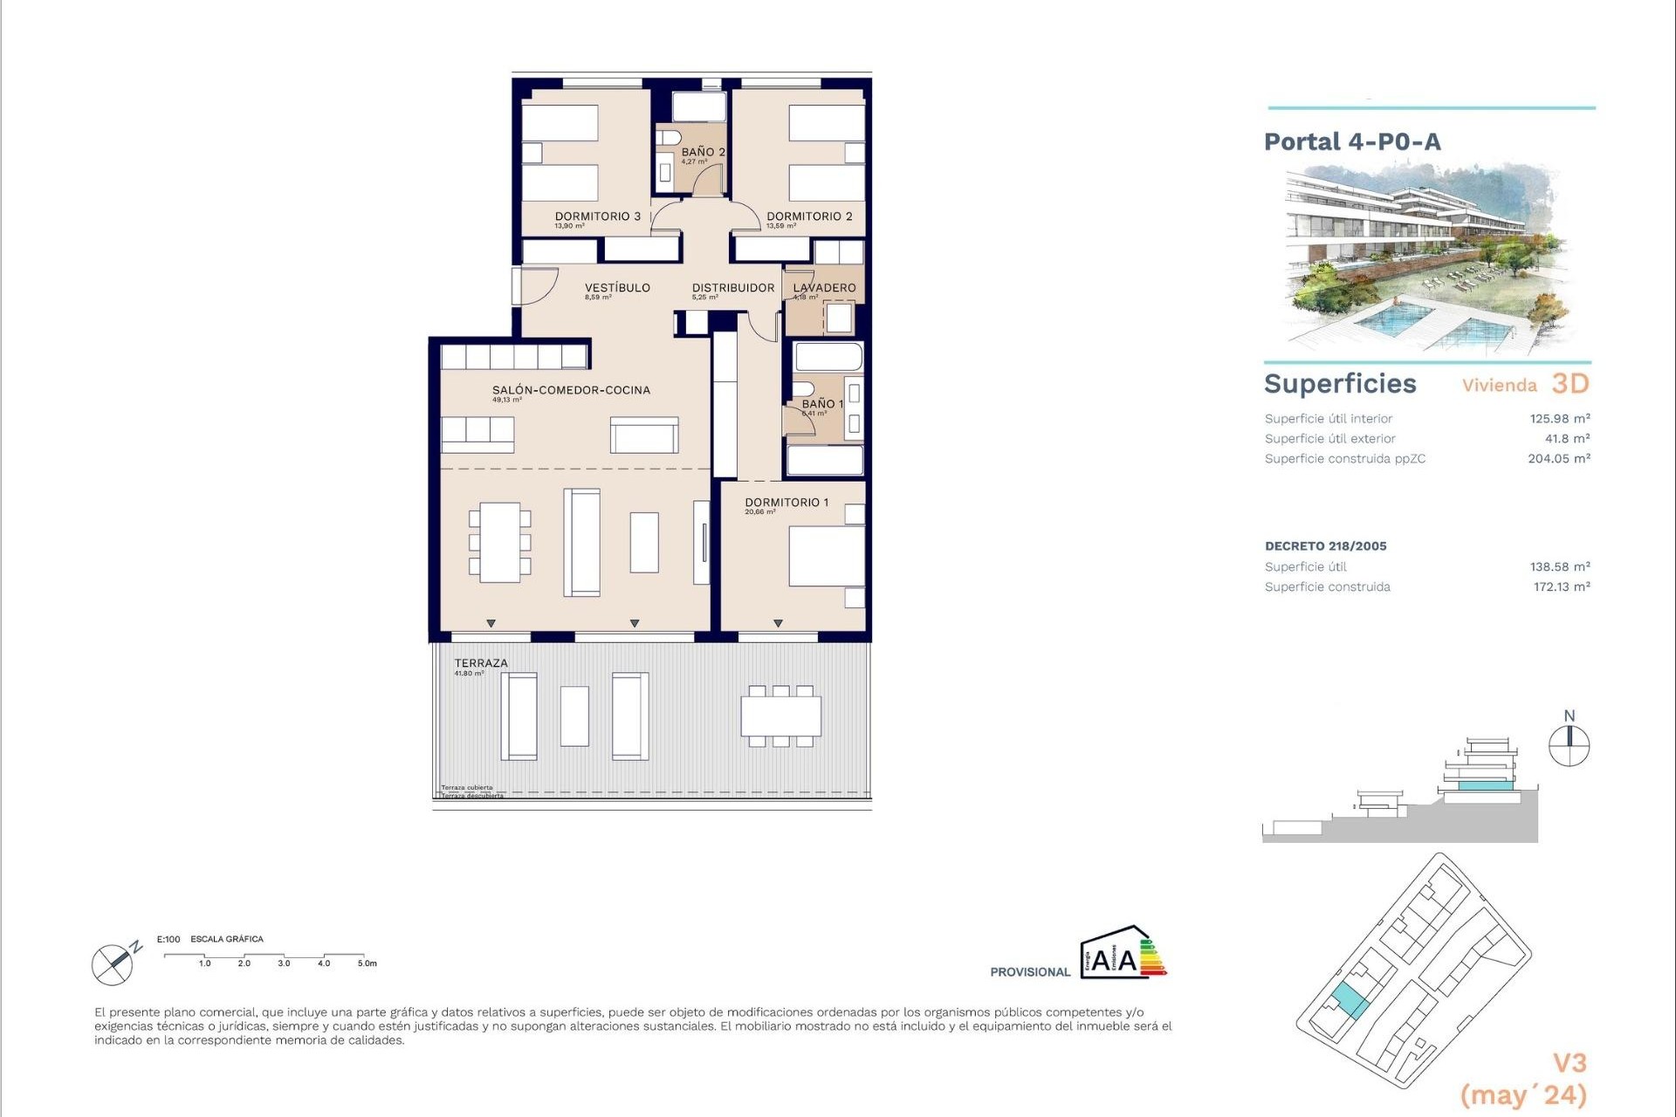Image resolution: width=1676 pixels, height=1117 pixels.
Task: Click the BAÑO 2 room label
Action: point(703,152)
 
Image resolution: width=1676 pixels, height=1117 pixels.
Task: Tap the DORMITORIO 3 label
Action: point(598,216)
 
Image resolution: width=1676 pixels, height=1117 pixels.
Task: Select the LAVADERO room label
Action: point(824,288)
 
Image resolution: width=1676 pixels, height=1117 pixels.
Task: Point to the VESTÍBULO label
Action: point(617,288)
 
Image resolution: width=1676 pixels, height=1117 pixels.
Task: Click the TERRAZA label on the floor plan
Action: point(480,663)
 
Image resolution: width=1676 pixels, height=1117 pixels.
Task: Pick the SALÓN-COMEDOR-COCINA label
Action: point(571,390)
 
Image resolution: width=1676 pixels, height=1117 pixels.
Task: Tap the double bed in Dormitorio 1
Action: point(826,556)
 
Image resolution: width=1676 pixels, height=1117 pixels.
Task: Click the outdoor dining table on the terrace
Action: point(781,716)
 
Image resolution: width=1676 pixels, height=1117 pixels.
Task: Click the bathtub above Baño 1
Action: point(828,357)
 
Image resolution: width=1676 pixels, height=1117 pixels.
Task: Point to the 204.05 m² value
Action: point(1558,458)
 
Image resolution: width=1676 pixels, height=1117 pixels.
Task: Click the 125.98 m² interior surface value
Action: point(1559,419)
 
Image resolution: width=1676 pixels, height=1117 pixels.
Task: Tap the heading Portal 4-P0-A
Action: point(1352,142)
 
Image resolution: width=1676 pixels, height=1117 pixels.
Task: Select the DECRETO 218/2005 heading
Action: point(1325,546)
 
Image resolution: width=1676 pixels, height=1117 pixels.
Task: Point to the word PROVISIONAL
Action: point(1029,972)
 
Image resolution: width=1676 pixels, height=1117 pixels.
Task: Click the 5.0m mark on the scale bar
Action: point(367,963)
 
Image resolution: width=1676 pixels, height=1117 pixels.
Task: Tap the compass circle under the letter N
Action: point(1569,747)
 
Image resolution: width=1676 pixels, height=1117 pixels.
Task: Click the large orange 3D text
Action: point(1570,384)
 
